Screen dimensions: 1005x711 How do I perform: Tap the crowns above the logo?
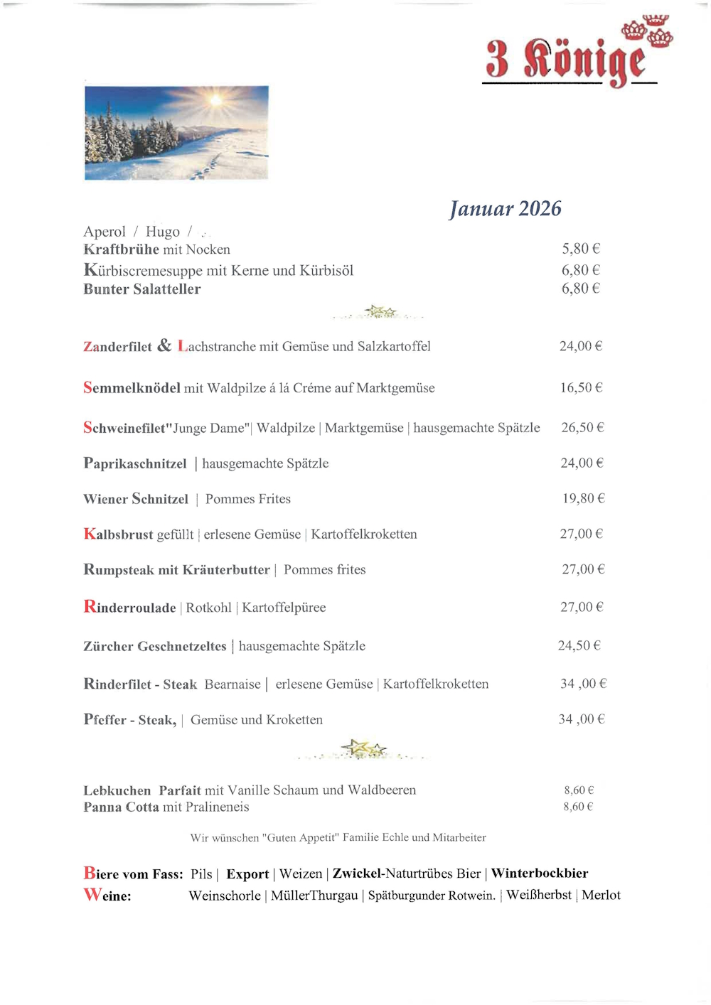tap(647, 30)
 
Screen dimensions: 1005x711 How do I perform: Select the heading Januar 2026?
tap(505, 208)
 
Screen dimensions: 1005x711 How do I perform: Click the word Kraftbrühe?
tap(121, 249)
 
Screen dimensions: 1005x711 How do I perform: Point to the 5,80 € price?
tap(581, 249)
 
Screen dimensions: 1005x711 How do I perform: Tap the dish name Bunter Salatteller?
tap(142, 289)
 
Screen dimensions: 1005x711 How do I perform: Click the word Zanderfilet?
tap(117, 347)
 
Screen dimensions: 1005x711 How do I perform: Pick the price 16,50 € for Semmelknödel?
tap(581, 387)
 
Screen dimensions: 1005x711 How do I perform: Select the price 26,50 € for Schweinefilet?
tap(582, 427)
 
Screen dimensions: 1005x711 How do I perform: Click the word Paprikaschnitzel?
tap(135, 463)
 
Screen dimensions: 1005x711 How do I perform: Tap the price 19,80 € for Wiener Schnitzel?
tap(583, 498)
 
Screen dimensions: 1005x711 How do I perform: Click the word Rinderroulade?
tap(129, 608)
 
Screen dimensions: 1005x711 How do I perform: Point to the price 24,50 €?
tap(579, 645)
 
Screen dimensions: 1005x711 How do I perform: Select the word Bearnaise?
tap(232, 684)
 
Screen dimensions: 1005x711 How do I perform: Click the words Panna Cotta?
tap(121, 807)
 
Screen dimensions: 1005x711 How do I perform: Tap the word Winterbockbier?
tap(540, 874)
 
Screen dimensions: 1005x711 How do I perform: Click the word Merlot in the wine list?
tap(601, 896)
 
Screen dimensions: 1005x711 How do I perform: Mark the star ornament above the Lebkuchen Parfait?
tap(363, 748)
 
